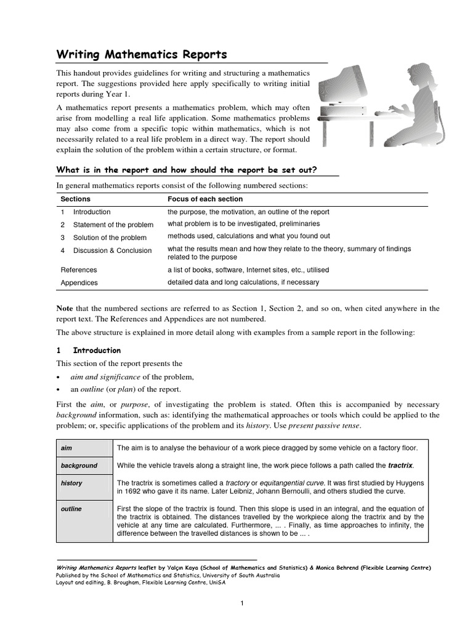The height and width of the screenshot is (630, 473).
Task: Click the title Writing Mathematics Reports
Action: (142, 55)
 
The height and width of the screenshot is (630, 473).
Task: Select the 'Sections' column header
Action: (75, 199)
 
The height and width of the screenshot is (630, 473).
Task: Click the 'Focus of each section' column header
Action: (205, 199)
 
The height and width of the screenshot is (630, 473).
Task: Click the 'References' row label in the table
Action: (79, 269)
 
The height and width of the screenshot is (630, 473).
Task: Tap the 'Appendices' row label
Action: (79, 283)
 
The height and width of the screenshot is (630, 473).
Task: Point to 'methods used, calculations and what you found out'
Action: (249, 236)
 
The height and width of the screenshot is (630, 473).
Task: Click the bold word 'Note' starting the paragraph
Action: (65, 308)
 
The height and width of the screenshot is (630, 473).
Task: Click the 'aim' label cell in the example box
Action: (67, 448)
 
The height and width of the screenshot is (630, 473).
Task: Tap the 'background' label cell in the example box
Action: (79, 466)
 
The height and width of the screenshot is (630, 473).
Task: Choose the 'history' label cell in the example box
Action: (71, 483)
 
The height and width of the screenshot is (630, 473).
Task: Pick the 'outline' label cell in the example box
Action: (71, 509)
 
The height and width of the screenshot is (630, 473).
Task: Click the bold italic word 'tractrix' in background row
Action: (400, 466)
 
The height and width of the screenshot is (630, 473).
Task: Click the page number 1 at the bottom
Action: (243, 603)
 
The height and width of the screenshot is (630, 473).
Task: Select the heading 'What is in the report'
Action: (197, 170)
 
